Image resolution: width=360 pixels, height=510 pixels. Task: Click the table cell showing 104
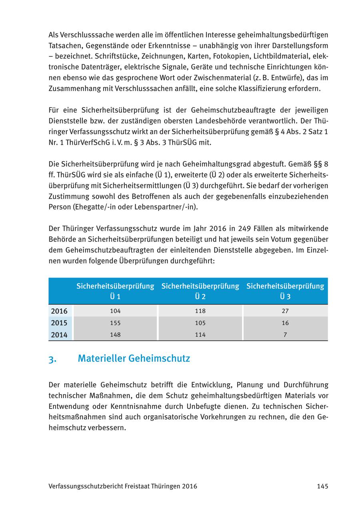pos(115,311)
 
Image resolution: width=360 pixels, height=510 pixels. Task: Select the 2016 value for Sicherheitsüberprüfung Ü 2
pos(200,311)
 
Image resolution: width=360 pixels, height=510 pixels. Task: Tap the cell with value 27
pos(285,311)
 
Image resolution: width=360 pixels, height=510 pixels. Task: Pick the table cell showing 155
pos(115,323)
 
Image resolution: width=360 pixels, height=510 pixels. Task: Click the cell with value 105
pos(200,323)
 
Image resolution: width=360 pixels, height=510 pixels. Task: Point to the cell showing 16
pos(285,323)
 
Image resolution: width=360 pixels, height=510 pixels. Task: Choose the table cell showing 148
pos(115,335)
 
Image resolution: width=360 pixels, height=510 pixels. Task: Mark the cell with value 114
pos(200,335)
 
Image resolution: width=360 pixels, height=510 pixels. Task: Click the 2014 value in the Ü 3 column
pos(285,335)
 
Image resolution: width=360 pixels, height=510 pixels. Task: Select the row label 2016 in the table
pos(59,311)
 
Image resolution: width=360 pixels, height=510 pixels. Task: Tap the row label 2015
pos(59,323)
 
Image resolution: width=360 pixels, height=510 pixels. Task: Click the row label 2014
pos(59,335)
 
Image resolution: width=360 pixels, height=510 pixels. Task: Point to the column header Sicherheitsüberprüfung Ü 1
pos(115,291)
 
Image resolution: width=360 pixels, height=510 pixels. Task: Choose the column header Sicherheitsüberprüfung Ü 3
pos(285,291)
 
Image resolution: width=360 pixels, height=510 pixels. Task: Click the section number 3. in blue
pos(52,359)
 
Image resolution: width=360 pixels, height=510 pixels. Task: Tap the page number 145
pos(322,486)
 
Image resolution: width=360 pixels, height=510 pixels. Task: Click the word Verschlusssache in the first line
pos(86,35)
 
